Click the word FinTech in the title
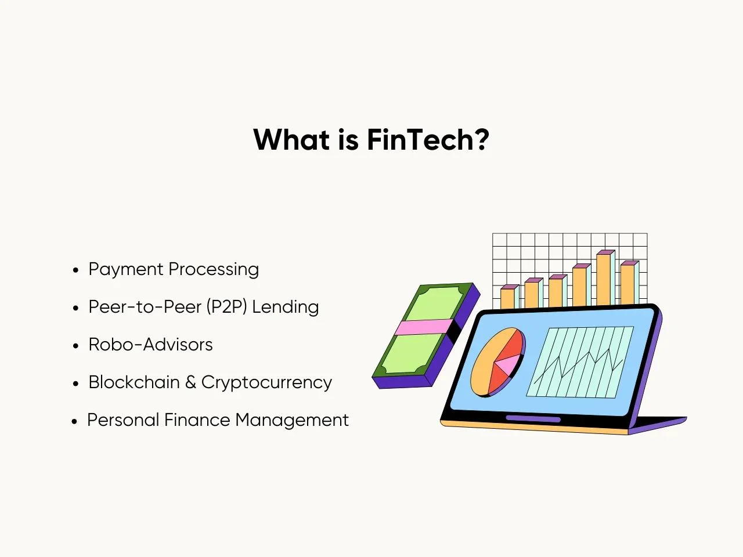click(421, 139)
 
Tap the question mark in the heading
click(482, 139)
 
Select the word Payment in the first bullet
click(127, 270)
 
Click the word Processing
click(214, 270)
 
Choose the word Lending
click(286, 308)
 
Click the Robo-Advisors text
click(150, 345)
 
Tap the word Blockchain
click(134, 382)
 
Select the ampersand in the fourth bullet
click(190, 382)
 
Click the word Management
click(292, 421)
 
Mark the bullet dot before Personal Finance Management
click(74, 421)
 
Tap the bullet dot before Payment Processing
click(75, 270)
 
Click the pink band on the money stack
click(423, 327)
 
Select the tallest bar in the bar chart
click(605, 277)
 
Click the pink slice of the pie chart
click(507, 364)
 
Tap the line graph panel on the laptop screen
click(580, 362)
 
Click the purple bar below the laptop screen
click(533, 419)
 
